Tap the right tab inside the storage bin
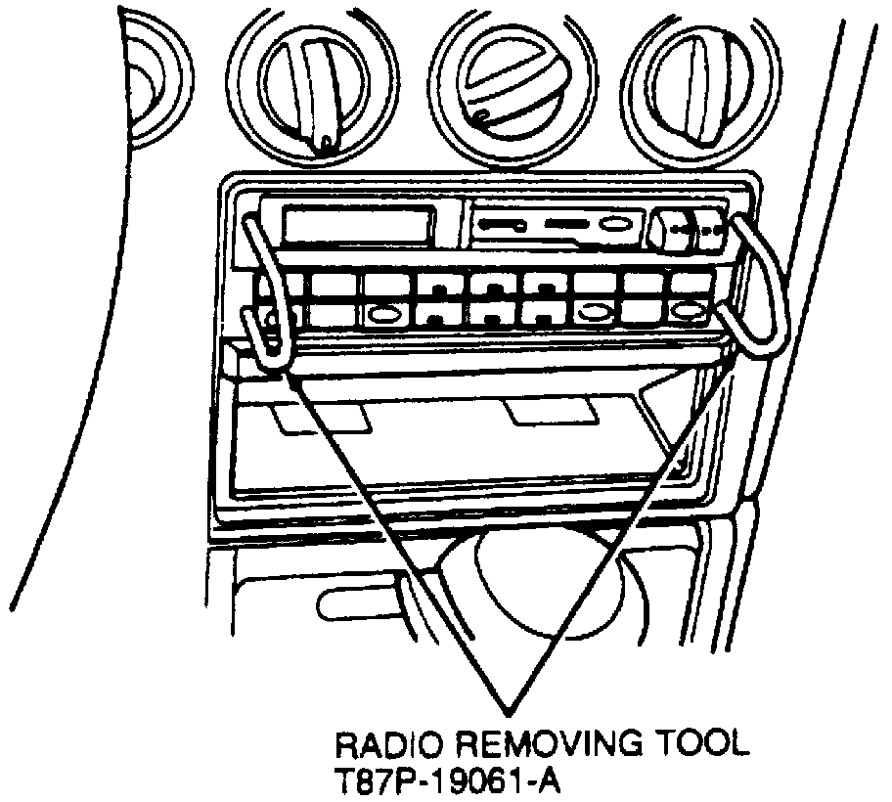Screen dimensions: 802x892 553,412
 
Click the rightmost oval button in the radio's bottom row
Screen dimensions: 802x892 690,313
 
